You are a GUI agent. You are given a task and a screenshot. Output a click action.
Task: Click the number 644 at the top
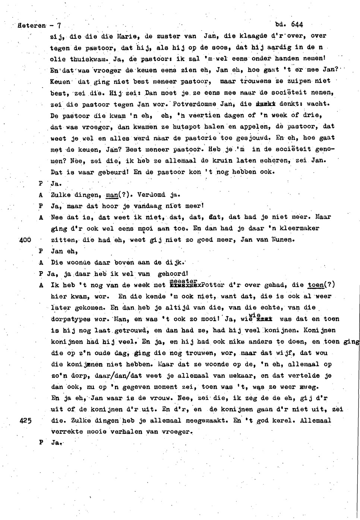pyautogui.click(x=297, y=25)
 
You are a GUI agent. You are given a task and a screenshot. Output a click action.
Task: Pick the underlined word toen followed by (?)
pyautogui.click(x=316, y=285)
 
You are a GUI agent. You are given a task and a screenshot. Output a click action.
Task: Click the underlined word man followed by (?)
pyautogui.click(x=112, y=194)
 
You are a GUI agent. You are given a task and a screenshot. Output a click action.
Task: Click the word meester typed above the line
pyautogui.click(x=183, y=281)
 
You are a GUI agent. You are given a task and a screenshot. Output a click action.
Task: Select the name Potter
pyautogui.click(x=213, y=285)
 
